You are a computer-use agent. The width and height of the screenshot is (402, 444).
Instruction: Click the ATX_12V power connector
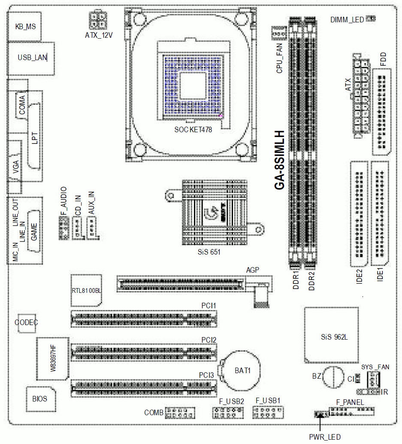tap(98, 20)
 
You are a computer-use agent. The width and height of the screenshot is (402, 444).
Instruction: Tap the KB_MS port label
tap(25, 27)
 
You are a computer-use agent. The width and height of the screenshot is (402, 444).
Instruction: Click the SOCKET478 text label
tap(193, 130)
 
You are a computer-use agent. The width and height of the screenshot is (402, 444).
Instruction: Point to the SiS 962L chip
tap(332, 335)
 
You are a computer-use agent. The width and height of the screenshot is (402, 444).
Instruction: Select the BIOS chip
tap(41, 399)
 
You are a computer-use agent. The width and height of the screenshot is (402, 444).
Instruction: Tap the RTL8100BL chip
tap(86, 291)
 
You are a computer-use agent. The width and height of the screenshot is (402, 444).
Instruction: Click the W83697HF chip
tap(53, 359)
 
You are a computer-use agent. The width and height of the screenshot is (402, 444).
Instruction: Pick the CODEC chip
tap(27, 323)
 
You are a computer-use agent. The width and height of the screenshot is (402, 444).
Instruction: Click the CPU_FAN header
tap(279, 33)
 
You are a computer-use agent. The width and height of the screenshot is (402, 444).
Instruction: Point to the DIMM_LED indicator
tap(371, 19)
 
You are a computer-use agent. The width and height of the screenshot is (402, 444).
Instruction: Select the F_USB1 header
tap(268, 413)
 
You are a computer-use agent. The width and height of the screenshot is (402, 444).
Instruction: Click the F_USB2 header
tap(228, 413)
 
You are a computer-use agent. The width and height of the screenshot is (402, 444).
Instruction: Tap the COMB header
tap(180, 413)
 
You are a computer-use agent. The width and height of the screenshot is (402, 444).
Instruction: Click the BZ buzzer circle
tap(333, 377)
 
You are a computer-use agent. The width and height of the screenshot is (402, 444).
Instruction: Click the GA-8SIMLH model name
tap(279, 160)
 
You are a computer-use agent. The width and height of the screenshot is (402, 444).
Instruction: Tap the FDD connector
tap(382, 112)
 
